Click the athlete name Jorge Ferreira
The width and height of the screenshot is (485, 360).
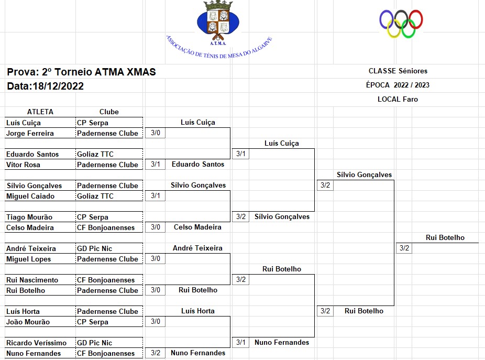[x=30, y=133]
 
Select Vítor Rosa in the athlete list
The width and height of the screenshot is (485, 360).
[x=23, y=165]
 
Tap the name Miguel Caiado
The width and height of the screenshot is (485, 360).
[x=30, y=196]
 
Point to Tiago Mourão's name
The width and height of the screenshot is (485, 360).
[x=29, y=217]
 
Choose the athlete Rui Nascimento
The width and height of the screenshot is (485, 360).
[x=32, y=280]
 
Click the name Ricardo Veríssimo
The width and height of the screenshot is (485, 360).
[x=36, y=343]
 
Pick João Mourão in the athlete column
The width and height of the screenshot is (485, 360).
[x=28, y=322]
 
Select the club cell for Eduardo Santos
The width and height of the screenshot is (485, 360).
[x=95, y=154]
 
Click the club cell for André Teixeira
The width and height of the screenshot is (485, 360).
[x=95, y=248]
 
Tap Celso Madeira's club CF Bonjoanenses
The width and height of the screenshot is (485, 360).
[x=106, y=227]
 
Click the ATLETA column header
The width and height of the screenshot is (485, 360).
[x=40, y=112]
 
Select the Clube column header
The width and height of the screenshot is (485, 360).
[x=109, y=112]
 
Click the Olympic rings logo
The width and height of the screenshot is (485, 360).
[x=401, y=24]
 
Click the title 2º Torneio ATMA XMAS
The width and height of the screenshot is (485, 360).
[x=98, y=72]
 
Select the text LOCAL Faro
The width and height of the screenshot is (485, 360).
[x=398, y=99]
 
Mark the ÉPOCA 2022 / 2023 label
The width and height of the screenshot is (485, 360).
[x=398, y=85]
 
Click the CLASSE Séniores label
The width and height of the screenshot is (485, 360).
[x=398, y=71]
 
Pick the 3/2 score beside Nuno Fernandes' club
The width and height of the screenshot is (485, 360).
[x=155, y=353]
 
